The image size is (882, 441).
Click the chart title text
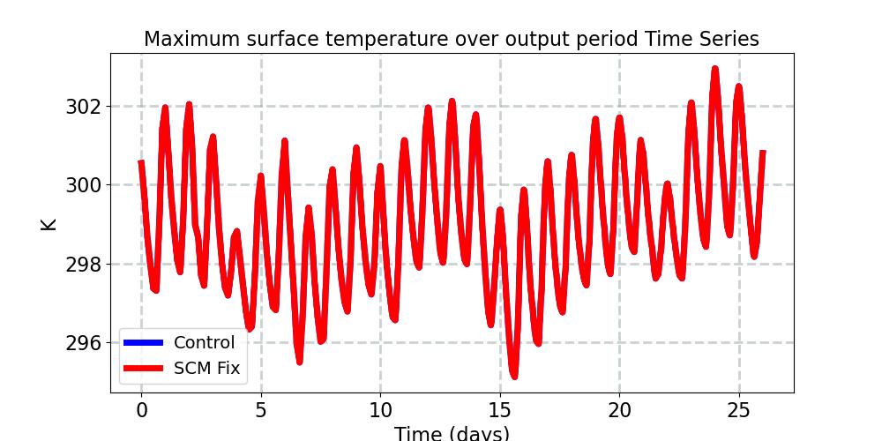click(x=451, y=39)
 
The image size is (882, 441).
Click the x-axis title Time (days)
click(x=451, y=433)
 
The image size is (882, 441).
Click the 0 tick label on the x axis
click(x=141, y=410)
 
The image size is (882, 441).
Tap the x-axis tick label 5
click(x=260, y=410)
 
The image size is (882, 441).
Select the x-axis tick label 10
click(x=380, y=410)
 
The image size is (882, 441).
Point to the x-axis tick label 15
click(x=500, y=410)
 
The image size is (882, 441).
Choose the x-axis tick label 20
click(x=619, y=410)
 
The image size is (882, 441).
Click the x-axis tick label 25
click(x=739, y=410)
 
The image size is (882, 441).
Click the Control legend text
click(x=204, y=343)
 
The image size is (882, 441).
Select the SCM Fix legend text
click(x=206, y=368)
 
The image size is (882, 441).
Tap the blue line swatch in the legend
click(x=143, y=342)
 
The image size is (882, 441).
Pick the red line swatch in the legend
click(x=143, y=368)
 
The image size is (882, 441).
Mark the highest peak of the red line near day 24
click(x=714, y=69)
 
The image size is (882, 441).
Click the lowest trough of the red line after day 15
click(x=513, y=376)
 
